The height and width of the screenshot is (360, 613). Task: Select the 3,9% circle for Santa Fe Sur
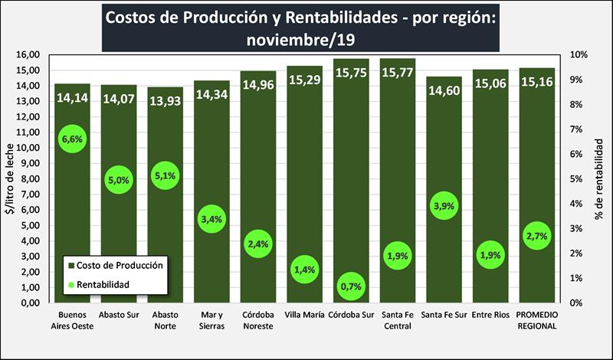tap(444, 207)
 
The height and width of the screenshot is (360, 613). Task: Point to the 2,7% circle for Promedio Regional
tap(537, 236)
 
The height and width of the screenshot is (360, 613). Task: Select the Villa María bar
tap(304, 191)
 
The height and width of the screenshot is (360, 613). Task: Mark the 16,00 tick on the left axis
tap(28, 55)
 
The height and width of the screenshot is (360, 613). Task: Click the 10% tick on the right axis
tap(579, 55)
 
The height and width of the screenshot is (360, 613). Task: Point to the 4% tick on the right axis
tap(580, 204)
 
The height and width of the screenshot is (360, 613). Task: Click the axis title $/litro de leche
tap(9, 178)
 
